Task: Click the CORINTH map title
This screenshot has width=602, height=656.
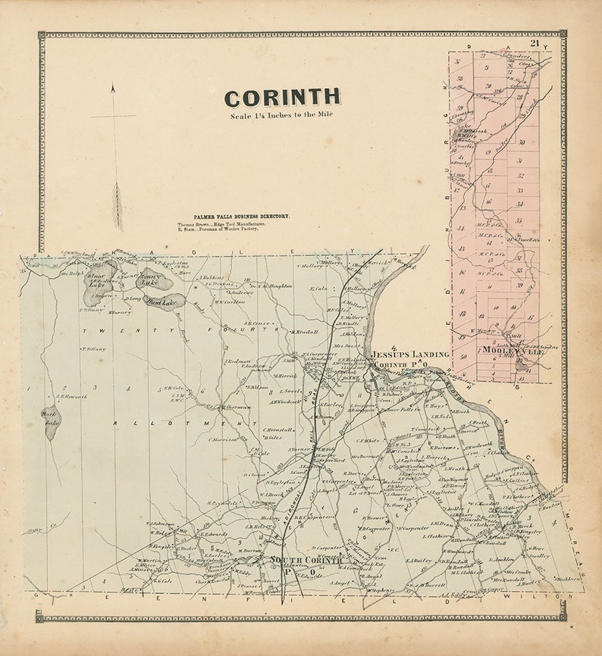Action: [x=282, y=98]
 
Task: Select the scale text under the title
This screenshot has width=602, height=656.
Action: [x=281, y=116]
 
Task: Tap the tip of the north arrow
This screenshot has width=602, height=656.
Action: [x=113, y=86]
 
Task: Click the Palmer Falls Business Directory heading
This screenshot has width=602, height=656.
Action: [x=241, y=217]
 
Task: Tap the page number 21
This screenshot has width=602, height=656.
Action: [x=535, y=43]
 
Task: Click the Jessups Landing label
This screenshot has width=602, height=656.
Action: [x=410, y=354]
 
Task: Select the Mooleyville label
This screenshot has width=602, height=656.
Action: [x=500, y=351]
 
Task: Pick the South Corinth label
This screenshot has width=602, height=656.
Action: [x=306, y=561]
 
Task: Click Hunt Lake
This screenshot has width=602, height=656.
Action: [x=162, y=301]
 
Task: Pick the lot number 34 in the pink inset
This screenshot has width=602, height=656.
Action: [x=519, y=203]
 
